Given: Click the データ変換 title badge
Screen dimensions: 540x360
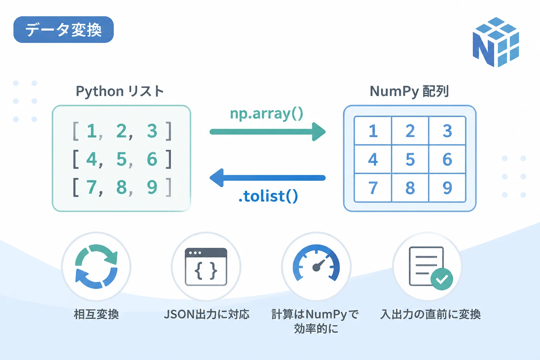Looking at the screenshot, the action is (x=63, y=30).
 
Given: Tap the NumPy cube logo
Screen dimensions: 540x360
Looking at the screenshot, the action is (x=496, y=42).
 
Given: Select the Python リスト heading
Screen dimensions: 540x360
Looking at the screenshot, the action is (x=120, y=91).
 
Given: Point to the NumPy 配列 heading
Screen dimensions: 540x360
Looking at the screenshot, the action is (x=409, y=91).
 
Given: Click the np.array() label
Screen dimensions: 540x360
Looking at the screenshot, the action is (x=266, y=114).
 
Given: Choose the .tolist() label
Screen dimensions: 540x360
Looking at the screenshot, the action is (x=268, y=196).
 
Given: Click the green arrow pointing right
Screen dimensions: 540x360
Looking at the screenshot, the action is (x=268, y=131).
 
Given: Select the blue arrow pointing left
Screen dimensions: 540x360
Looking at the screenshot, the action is (x=268, y=178).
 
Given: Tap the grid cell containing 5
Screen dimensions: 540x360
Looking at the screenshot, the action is (x=410, y=159).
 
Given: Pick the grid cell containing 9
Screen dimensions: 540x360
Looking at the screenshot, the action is (x=447, y=188).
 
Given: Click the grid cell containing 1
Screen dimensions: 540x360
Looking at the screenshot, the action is (x=373, y=131).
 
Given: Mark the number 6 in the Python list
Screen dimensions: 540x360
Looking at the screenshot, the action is (x=152, y=159).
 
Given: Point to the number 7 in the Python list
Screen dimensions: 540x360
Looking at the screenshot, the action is (x=91, y=187).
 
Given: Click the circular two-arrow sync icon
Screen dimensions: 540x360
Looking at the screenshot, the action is (x=96, y=266).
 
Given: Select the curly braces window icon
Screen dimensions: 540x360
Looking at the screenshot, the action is (x=206, y=267).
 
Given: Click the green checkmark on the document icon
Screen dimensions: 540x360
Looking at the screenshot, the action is (x=442, y=279).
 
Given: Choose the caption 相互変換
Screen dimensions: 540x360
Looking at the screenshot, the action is (x=96, y=314).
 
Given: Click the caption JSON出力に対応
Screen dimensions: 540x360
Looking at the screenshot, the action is (x=207, y=314).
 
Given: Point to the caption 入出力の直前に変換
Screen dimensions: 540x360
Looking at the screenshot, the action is (x=431, y=314).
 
